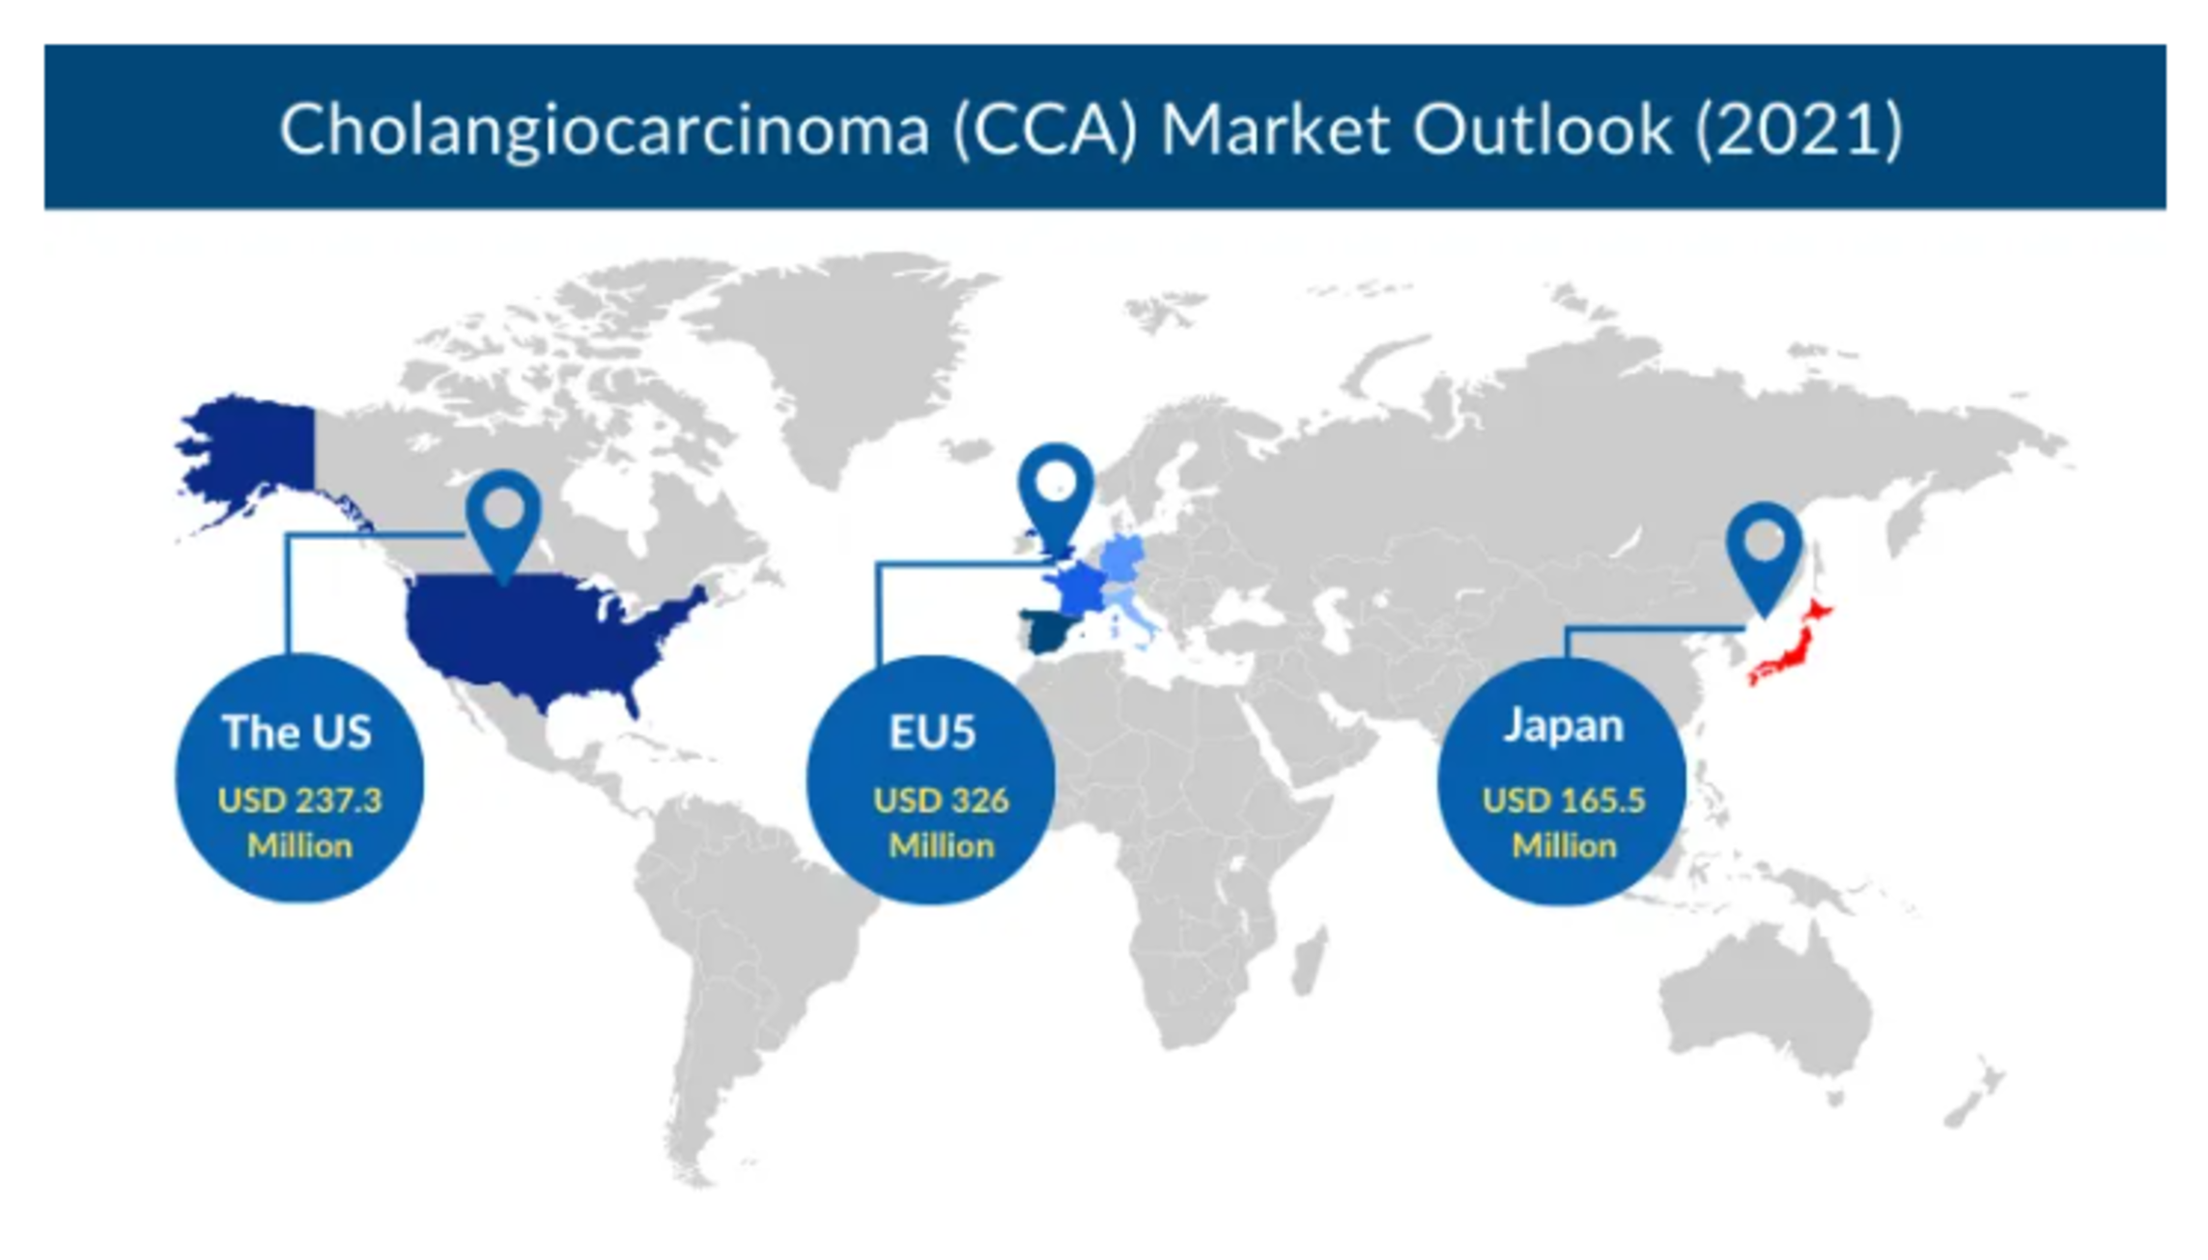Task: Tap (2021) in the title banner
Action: tap(1799, 129)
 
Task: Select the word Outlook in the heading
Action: tap(1543, 128)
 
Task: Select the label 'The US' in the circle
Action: tap(297, 731)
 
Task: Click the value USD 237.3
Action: tap(299, 800)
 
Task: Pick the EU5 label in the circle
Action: tap(932, 731)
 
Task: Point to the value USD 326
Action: tap(941, 800)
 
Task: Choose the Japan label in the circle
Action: tap(1564, 727)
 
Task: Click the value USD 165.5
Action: tap(1564, 800)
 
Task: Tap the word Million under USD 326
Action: tap(941, 846)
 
